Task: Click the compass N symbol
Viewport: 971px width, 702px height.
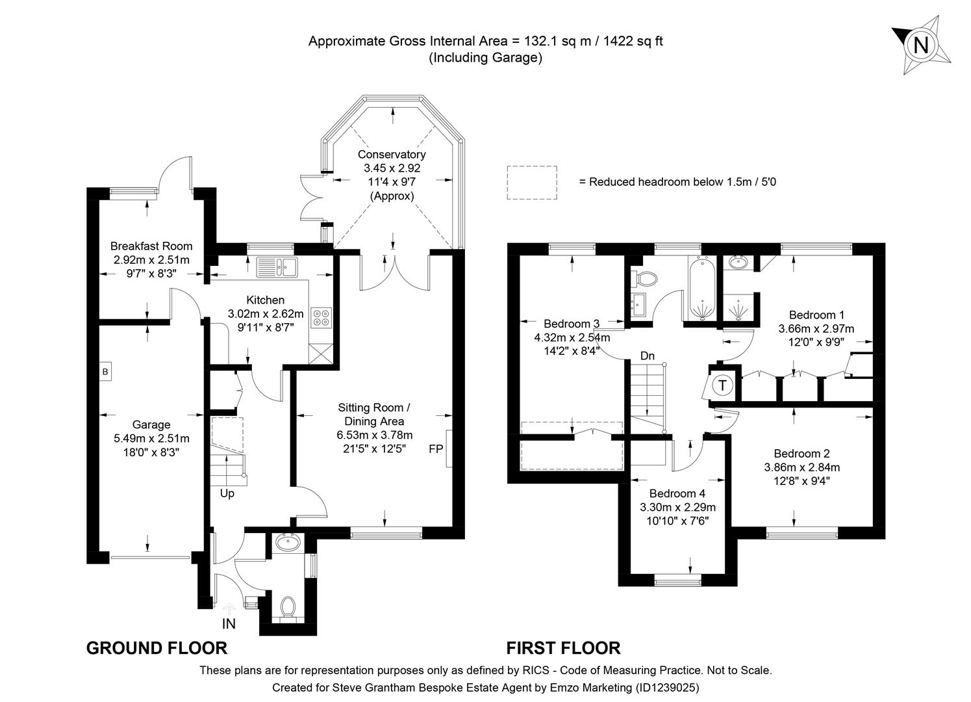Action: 921,45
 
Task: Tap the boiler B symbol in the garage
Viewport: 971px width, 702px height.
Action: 104,372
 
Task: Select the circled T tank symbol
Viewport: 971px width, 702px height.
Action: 723,385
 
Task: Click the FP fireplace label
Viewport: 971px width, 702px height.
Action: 435,448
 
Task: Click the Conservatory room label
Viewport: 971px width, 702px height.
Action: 392,155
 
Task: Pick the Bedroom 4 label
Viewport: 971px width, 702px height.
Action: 677,493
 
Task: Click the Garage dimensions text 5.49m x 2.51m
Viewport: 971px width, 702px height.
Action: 151,438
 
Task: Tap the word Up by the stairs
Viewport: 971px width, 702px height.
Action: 227,493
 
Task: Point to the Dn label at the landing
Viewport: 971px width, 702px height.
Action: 648,356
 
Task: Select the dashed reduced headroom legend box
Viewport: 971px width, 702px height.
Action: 532,182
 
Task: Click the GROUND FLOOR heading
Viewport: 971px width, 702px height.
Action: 157,648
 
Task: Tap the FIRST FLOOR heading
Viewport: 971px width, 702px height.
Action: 563,648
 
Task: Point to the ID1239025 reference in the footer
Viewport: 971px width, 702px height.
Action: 667,687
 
